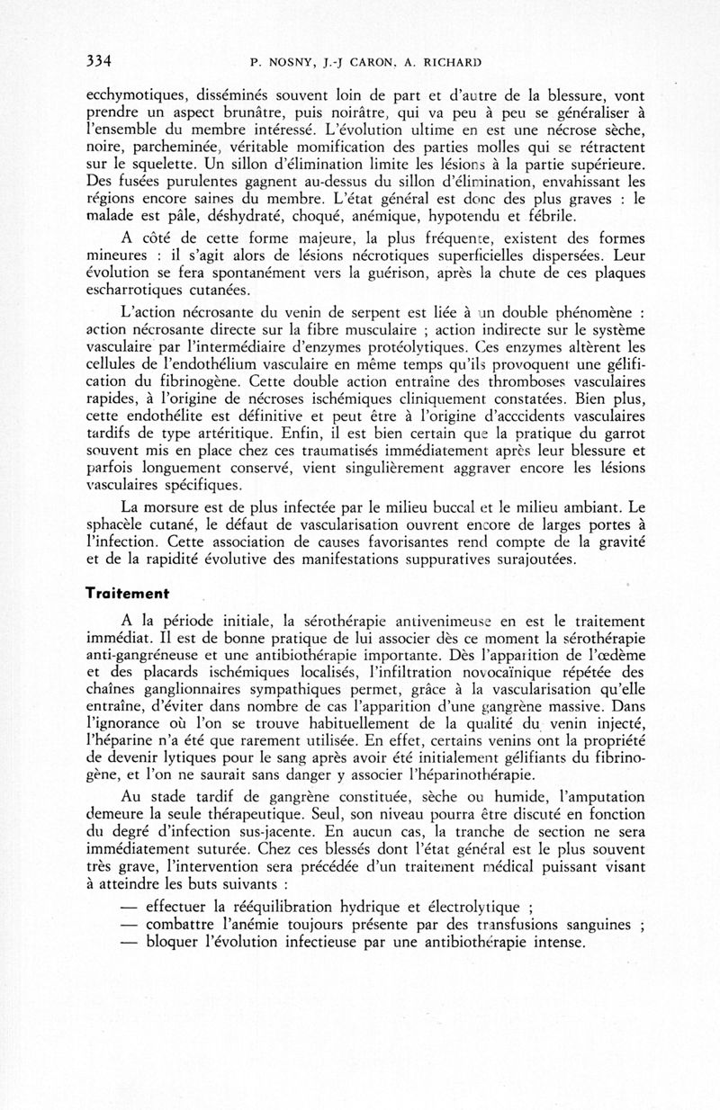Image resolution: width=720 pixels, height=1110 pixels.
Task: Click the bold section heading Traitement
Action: click(129, 594)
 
